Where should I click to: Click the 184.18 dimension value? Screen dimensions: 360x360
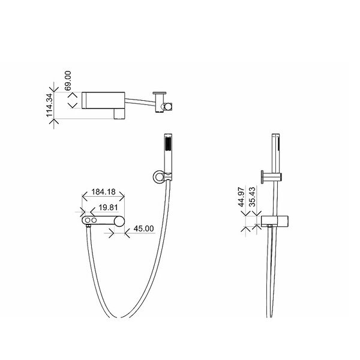103,192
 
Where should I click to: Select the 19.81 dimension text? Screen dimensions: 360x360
108,208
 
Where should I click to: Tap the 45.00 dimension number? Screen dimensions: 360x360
144,229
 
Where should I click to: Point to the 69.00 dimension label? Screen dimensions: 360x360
68,80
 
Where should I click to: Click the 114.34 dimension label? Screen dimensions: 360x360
49,105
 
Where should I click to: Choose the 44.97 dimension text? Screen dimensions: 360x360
241,197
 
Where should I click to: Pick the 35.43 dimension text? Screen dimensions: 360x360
252,197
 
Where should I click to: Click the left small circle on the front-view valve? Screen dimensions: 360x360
88,220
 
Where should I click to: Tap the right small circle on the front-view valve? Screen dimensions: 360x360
94,220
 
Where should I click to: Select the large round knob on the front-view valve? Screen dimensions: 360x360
119,221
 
